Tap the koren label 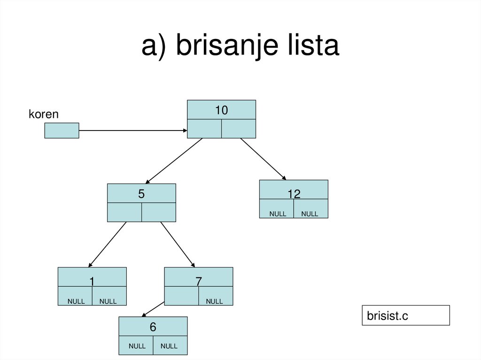[44, 114]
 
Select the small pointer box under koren [62, 130]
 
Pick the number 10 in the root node [221, 110]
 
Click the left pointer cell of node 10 [204, 129]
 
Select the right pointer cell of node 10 [239, 129]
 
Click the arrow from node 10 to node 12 [263, 159]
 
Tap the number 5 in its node [141, 193]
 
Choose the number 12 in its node [294, 194]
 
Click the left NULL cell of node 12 [278, 214]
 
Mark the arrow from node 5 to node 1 [108, 244]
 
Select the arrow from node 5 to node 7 [178, 244]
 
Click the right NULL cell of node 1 [108, 301]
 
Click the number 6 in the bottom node [153, 327]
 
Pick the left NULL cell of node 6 [137, 346]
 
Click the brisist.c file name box [405, 315]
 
